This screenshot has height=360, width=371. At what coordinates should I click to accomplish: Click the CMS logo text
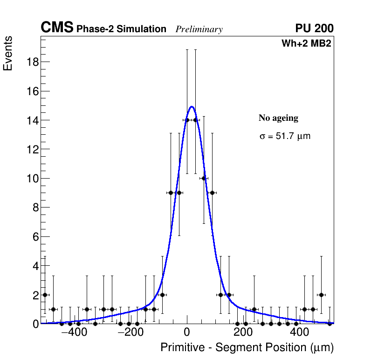coord(57,28)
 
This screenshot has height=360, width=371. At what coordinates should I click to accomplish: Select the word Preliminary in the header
coord(199,29)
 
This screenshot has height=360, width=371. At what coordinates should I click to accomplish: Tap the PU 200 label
coord(314,28)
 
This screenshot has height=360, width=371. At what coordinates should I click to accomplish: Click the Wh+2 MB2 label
coord(306,44)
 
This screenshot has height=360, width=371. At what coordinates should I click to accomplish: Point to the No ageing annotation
coord(278,118)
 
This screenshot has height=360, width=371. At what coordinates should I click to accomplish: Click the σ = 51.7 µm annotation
coord(284,137)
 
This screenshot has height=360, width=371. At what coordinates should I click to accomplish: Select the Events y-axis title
coord(8,53)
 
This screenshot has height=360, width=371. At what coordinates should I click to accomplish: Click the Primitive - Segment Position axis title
coord(247,347)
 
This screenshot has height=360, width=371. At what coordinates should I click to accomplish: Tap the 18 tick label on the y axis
coord(32,62)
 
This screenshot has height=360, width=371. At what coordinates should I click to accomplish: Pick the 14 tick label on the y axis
coord(32,120)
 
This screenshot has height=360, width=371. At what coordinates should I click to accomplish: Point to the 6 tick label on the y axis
coord(34,237)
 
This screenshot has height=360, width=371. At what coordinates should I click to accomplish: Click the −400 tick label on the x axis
coord(71,333)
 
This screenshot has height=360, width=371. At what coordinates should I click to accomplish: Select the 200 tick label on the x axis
coord(243,333)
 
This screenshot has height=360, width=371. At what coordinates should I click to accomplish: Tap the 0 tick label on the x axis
coord(187,333)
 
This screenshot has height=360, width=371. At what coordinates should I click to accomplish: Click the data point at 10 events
coord(204,178)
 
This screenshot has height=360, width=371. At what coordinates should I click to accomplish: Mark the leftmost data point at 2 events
coord(45,295)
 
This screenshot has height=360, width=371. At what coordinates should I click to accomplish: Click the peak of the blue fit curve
coord(192,107)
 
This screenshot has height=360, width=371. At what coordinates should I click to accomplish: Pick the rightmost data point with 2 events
coord(321,295)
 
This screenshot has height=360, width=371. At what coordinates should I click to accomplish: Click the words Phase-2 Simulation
coord(121,29)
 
